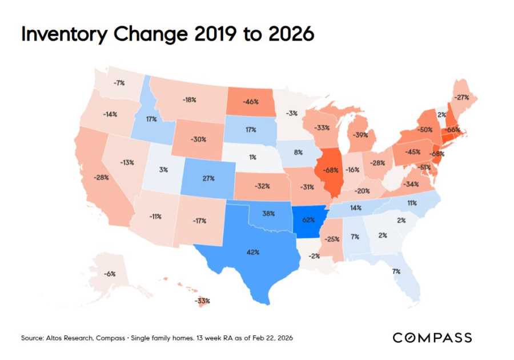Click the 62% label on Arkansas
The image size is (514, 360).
coord(308,219)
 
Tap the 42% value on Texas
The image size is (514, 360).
coord(253,252)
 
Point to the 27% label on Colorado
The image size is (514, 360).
coord(208,178)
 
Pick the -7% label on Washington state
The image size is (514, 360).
coord(119,83)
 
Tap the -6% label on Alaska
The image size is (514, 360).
coord(110,274)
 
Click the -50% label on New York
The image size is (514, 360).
coord(424,130)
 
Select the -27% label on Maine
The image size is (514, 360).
coord(462,97)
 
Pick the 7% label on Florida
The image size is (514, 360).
coord(396,271)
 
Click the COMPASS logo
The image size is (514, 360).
coord(432,338)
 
